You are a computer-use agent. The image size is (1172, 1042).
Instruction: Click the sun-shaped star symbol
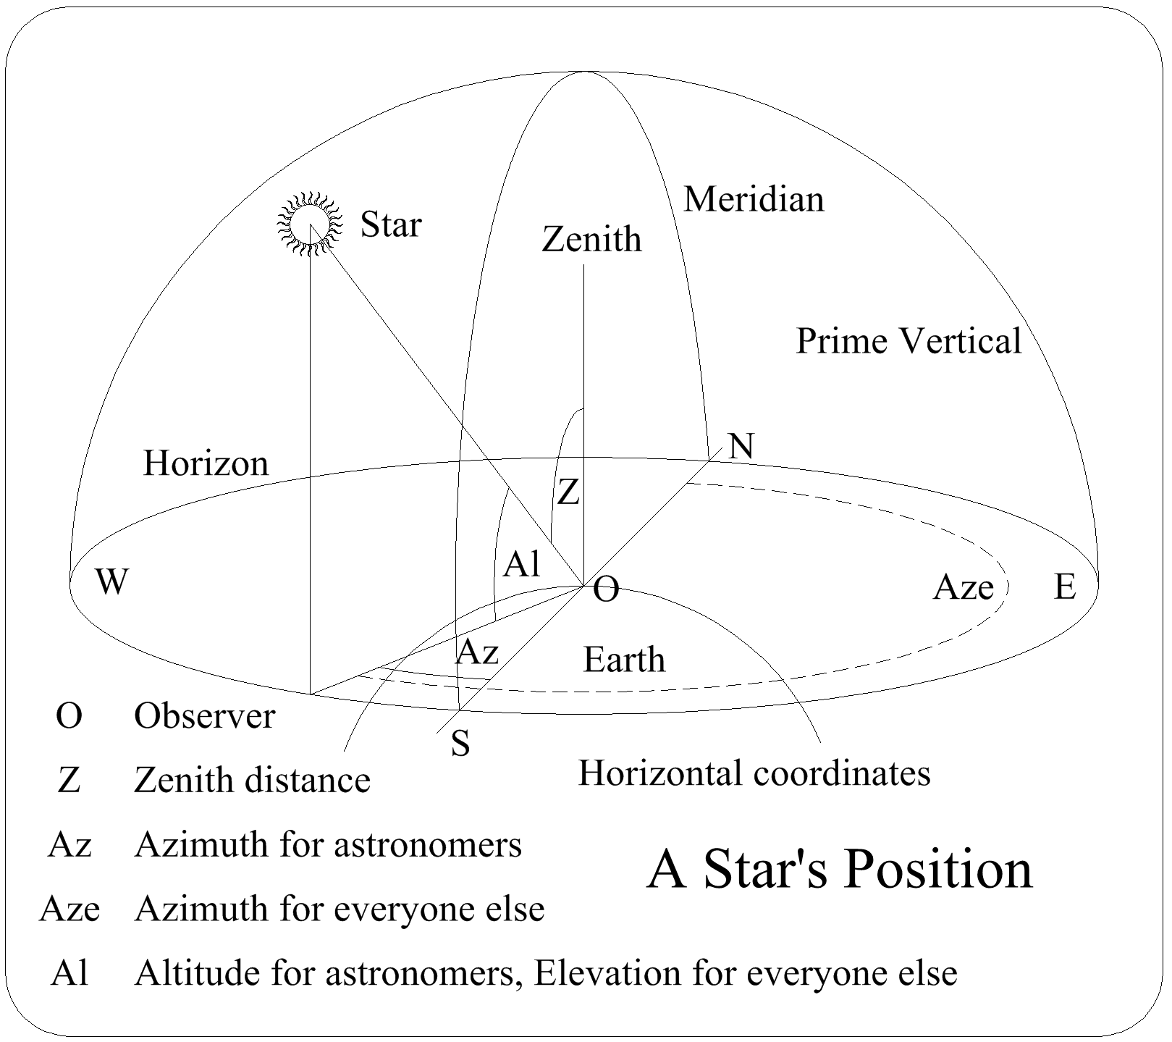(309, 223)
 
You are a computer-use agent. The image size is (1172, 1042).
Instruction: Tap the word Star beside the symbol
(391, 224)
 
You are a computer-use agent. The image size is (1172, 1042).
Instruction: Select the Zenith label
(591, 239)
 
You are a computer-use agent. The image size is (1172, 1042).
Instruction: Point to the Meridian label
(754, 199)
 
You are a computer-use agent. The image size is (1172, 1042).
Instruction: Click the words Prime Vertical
(908, 341)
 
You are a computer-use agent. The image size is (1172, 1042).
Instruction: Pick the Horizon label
(206, 463)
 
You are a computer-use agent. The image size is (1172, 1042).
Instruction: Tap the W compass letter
(112, 581)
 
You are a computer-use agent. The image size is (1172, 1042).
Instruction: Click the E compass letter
(1065, 586)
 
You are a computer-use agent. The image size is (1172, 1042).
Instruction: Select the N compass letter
(741, 446)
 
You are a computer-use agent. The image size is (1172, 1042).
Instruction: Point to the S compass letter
(460, 743)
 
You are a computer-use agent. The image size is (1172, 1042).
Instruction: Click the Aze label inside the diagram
(963, 587)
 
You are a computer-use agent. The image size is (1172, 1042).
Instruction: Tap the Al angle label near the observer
(522, 564)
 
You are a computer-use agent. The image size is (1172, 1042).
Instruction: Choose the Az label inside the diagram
(477, 652)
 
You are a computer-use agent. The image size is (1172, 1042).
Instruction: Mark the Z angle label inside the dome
(568, 493)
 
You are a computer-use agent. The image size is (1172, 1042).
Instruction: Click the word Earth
(624, 660)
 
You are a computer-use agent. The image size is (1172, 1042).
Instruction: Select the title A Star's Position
(840, 869)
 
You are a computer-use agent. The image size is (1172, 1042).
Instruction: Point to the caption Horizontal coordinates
(754, 773)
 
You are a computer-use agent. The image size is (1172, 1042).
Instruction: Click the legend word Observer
(205, 717)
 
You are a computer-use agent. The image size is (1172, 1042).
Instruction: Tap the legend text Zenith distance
(252, 781)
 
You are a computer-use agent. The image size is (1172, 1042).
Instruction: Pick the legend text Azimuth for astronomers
(328, 844)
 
